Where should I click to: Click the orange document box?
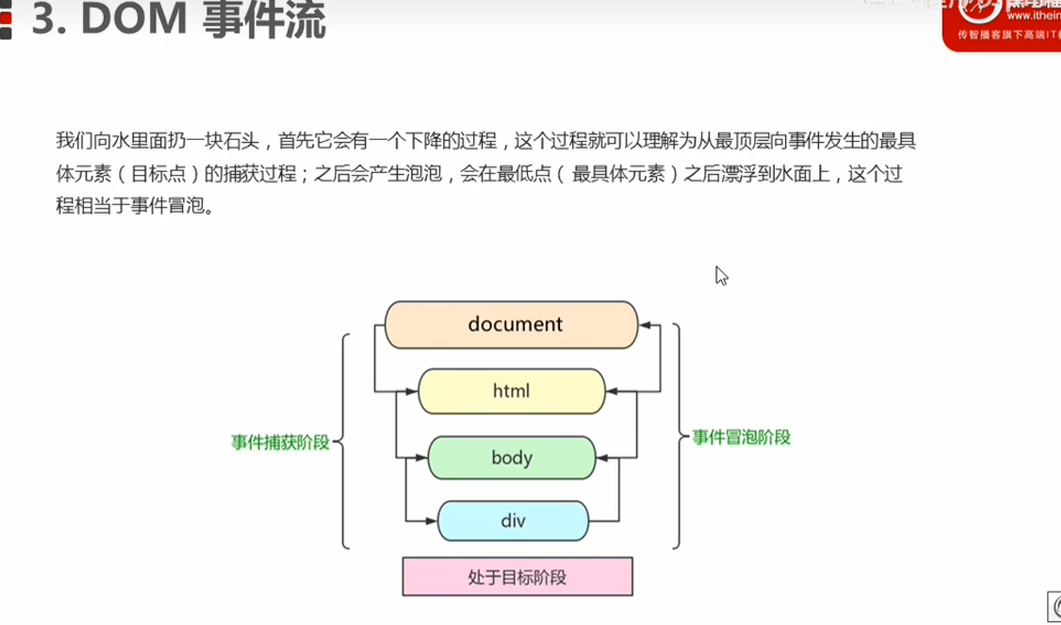(511, 325)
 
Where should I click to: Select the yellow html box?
(511, 391)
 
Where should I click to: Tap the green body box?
(511, 458)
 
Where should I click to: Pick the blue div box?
(512, 521)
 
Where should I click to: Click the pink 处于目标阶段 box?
(517, 577)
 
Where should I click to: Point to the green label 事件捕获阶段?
(280, 442)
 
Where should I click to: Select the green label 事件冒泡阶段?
(741, 437)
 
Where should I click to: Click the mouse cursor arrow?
(721, 275)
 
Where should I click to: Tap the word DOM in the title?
(134, 19)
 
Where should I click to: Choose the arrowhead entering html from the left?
(411, 391)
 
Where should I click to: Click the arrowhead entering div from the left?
(431, 522)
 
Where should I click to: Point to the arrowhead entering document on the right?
(645, 325)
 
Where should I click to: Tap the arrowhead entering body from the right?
(602, 458)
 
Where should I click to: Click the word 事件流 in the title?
(264, 19)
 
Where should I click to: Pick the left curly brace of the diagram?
(343, 442)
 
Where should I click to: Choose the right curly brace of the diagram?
(678, 436)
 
